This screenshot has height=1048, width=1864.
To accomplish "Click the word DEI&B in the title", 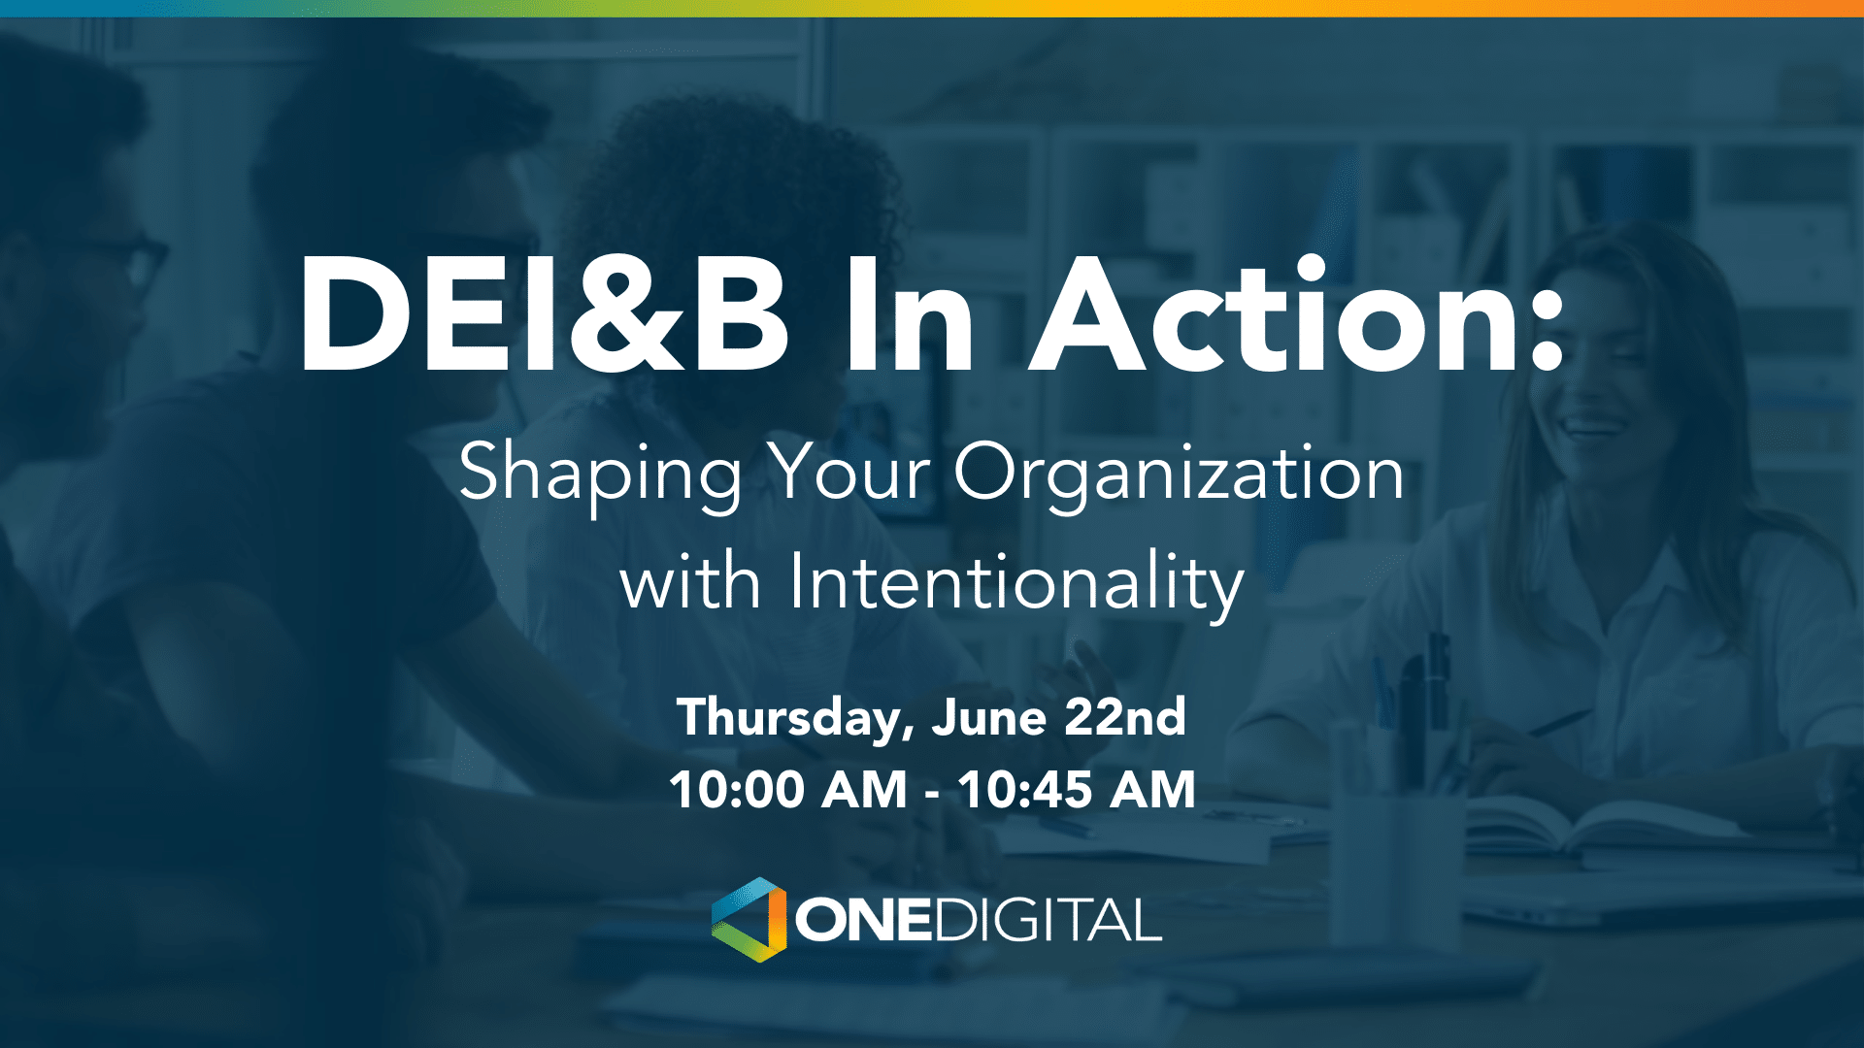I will click(544, 315).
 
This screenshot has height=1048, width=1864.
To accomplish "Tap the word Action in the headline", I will click(1272, 315).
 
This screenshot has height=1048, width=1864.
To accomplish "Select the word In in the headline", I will click(908, 315).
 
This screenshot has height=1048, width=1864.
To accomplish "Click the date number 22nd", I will click(1125, 717).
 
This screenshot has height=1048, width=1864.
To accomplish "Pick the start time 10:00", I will click(738, 789).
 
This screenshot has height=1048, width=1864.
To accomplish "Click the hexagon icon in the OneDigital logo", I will click(749, 920).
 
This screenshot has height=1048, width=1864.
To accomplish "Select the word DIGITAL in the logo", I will click(1048, 920).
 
